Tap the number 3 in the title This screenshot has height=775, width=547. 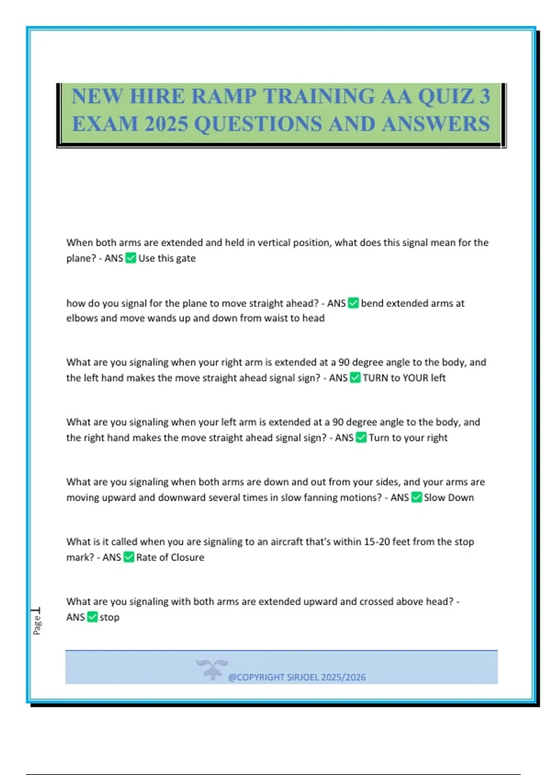pyautogui.click(x=484, y=97)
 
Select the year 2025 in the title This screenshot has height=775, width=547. pyautogui.click(x=166, y=124)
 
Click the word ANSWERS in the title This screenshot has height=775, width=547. pyautogui.click(x=436, y=124)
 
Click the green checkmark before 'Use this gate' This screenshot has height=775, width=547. pyautogui.click(x=131, y=258)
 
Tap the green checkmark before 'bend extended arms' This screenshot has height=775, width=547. pyautogui.click(x=353, y=303)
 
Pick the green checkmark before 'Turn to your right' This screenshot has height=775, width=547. pyautogui.click(x=361, y=438)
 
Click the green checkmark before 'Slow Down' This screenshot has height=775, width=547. pyautogui.click(x=417, y=497)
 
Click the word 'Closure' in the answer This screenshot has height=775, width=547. pyautogui.click(x=187, y=557)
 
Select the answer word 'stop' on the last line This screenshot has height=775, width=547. pyautogui.click(x=109, y=617)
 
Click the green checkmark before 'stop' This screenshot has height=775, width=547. pyautogui.click(x=92, y=617)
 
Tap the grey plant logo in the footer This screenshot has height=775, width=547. pyautogui.click(x=212, y=669)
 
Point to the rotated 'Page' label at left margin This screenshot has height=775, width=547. pyautogui.click(x=37, y=624)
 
